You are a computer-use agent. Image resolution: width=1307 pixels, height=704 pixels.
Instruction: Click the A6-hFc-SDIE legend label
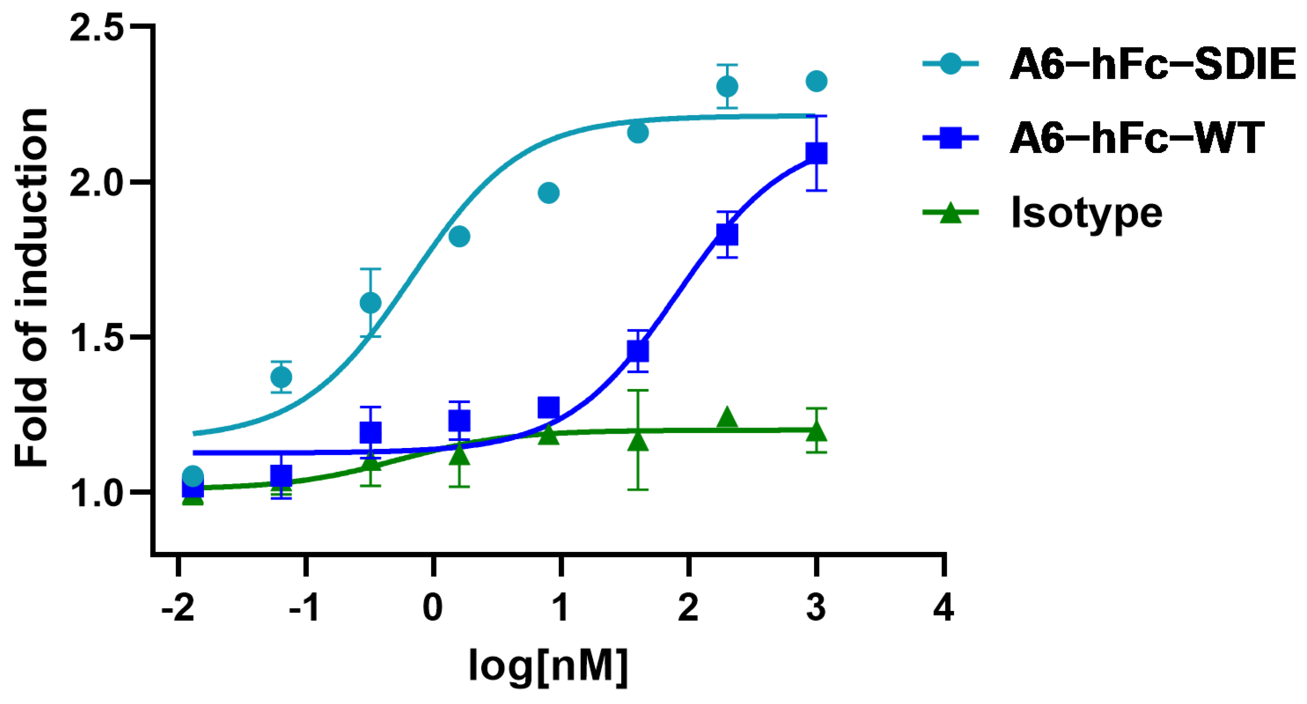click(x=1152, y=64)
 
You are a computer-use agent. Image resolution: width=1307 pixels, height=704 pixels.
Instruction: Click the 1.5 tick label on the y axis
click(x=96, y=337)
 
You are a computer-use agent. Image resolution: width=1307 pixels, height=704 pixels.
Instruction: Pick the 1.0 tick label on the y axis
click(x=96, y=493)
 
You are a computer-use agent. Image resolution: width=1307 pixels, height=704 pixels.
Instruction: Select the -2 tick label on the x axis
click(x=178, y=608)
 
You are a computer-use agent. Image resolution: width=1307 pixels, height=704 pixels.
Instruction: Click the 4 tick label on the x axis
click(x=944, y=608)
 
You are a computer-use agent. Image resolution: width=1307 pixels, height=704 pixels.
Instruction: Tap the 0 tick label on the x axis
click(x=433, y=608)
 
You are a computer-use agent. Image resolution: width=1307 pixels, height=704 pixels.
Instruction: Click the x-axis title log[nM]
click(x=548, y=666)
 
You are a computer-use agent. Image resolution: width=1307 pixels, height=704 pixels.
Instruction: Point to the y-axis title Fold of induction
click(x=32, y=287)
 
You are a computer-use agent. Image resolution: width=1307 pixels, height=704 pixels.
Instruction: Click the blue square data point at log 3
click(x=816, y=154)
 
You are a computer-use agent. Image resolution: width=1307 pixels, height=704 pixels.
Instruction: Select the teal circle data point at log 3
click(x=816, y=81)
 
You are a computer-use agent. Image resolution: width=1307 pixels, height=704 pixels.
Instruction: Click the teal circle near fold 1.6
click(x=370, y=303)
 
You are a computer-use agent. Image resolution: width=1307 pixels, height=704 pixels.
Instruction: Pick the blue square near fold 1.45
click(x=638, y=351)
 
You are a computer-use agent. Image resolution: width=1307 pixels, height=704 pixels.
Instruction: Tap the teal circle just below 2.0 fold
click(x=548, y=193)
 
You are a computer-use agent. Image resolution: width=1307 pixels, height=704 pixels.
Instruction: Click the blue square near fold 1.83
click(x=727, y=235)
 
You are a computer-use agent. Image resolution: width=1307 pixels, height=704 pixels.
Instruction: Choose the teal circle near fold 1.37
click(x=281, y=377)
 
